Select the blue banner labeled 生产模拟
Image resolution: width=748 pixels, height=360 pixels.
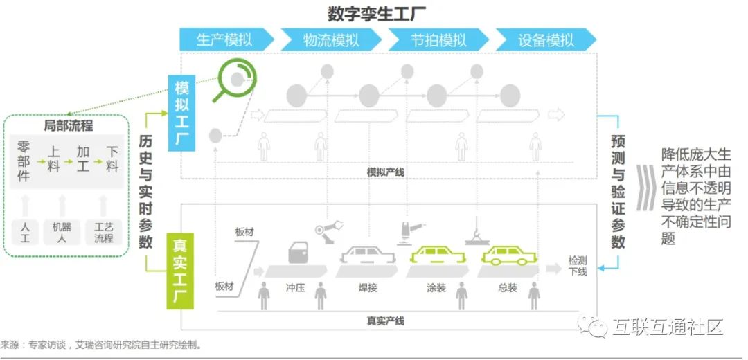[x=224, y=39]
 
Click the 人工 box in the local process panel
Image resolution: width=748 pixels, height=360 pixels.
[x=26, y=231]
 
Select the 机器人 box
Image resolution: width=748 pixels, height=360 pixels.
[x=62, y=231]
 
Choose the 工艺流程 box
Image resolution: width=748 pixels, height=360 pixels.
[x=103, y=231]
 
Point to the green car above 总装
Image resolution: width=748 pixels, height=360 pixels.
[x=511, y=254]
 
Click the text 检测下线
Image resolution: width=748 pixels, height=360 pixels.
[x=578, y=266]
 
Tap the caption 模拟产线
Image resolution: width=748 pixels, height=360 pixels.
[x=385, y=170]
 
